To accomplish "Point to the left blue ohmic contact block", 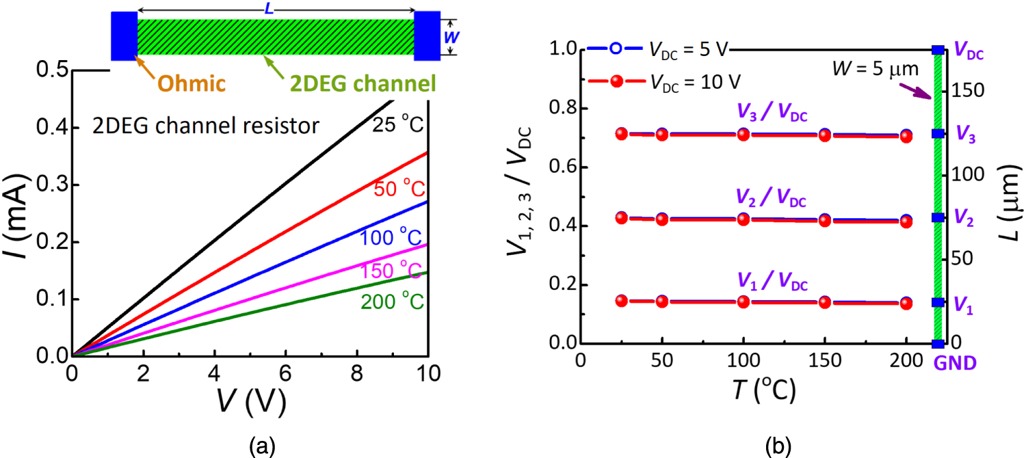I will pyautogui.click(x=124, y=36).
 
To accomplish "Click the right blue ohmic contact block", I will pyautogui.click(x=428, y=36).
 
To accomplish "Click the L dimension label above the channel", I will pyautogui.click(x=276, y=7).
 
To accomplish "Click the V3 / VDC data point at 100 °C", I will pyautogui.click(x=743, y=134).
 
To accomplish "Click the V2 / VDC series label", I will pyautogui.click(x=772, y=201).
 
